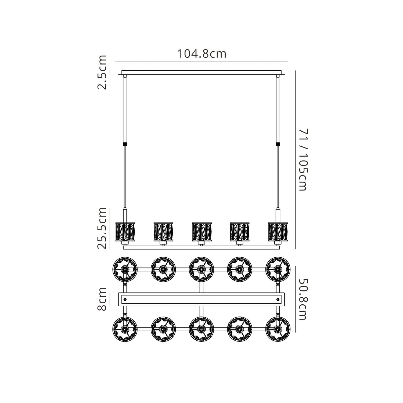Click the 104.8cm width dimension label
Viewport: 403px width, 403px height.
coord(201,54)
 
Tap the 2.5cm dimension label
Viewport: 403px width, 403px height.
coord(102,72)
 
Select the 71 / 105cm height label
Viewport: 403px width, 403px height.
coord(303,160)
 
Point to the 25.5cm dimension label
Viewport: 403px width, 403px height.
coord(102,228)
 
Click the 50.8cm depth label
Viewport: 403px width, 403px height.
coord(303,299)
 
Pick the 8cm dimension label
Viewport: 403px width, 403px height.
coord(102,299)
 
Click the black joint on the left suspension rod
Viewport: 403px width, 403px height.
coord(125,144)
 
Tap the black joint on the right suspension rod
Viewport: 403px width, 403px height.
coord(278,144)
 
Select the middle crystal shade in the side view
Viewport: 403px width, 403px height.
coord(202,232)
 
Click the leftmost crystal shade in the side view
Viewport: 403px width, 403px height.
coord(125,232)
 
